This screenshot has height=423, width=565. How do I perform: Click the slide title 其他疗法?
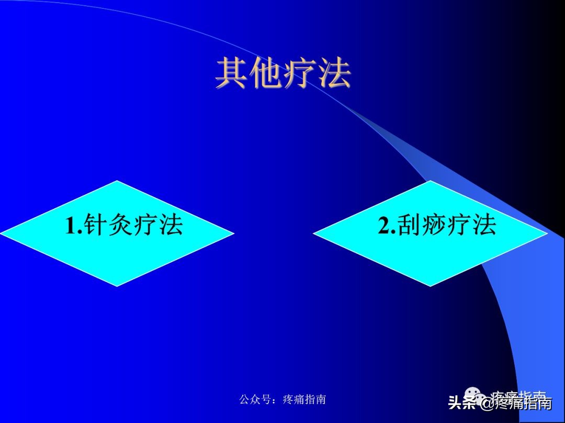coord(283,74)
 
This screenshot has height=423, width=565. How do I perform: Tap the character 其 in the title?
coord(232,74)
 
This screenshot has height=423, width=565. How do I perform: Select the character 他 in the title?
coord(266,74)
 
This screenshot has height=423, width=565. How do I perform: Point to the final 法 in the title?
coord(334,74)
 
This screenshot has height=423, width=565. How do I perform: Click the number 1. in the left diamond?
coord(74,226)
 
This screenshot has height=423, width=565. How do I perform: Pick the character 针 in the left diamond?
coord(95,226)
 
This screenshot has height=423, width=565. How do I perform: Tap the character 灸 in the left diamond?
coord(120,226)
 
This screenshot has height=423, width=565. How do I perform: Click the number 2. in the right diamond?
coord(387,226)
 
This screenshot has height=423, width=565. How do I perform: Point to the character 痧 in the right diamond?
coord(433,226)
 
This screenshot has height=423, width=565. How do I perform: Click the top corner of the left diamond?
coord(117,181)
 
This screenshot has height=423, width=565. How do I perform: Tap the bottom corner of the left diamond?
coord(117,286)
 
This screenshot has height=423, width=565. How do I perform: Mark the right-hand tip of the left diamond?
coord(233,233)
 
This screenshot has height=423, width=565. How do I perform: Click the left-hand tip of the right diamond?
coord(314,233)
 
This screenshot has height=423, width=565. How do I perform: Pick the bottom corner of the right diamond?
coord(430,286)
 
